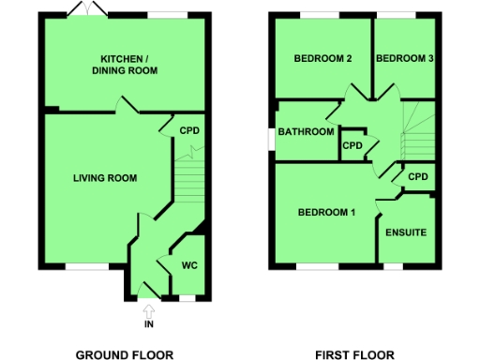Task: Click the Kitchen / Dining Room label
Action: [124, 64]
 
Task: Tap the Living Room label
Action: [106, 177]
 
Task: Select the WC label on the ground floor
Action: [189, 265]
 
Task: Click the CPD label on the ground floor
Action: [189, 130]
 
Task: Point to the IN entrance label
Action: [148, 324]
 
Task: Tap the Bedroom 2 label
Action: [322, 58]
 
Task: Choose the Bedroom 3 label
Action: [404, 58]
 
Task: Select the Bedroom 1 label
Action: [326, 213]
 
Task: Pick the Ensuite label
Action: [406, 232]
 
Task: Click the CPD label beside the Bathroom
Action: [352, 145]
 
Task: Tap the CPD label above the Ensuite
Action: [417, 176]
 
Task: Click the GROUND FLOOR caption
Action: [123, 354]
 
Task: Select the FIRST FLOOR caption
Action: [353, 354]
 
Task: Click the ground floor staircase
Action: [189, 178]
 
